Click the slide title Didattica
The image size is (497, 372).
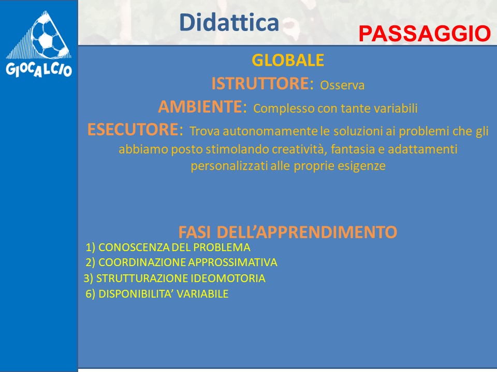pyautogui.click(x=229, y=22)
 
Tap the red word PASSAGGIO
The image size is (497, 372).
pyautogui.click(x=425, y=34)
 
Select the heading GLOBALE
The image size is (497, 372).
pyautogui.click(x=288, y=60)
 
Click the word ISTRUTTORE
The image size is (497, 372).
pyautogui.click(x=260, y=84)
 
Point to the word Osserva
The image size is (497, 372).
pyautogui.click(x=342, y=85)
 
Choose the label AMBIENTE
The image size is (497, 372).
pyautogui.click(x=200, y=106)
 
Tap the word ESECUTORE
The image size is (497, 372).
pyautogui.click(x=133, y=129)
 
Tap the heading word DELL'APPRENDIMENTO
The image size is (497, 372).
pyautogui.click(x=307, y=232)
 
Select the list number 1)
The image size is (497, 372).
pyautogui.click(x=90, y=247)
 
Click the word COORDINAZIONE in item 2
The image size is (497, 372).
pyautogui.click(x=142, y=262)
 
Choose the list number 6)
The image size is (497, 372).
pyautogui.click(x=90, y=294)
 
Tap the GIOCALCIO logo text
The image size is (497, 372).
pyautogui.click(x=39, y=69)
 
